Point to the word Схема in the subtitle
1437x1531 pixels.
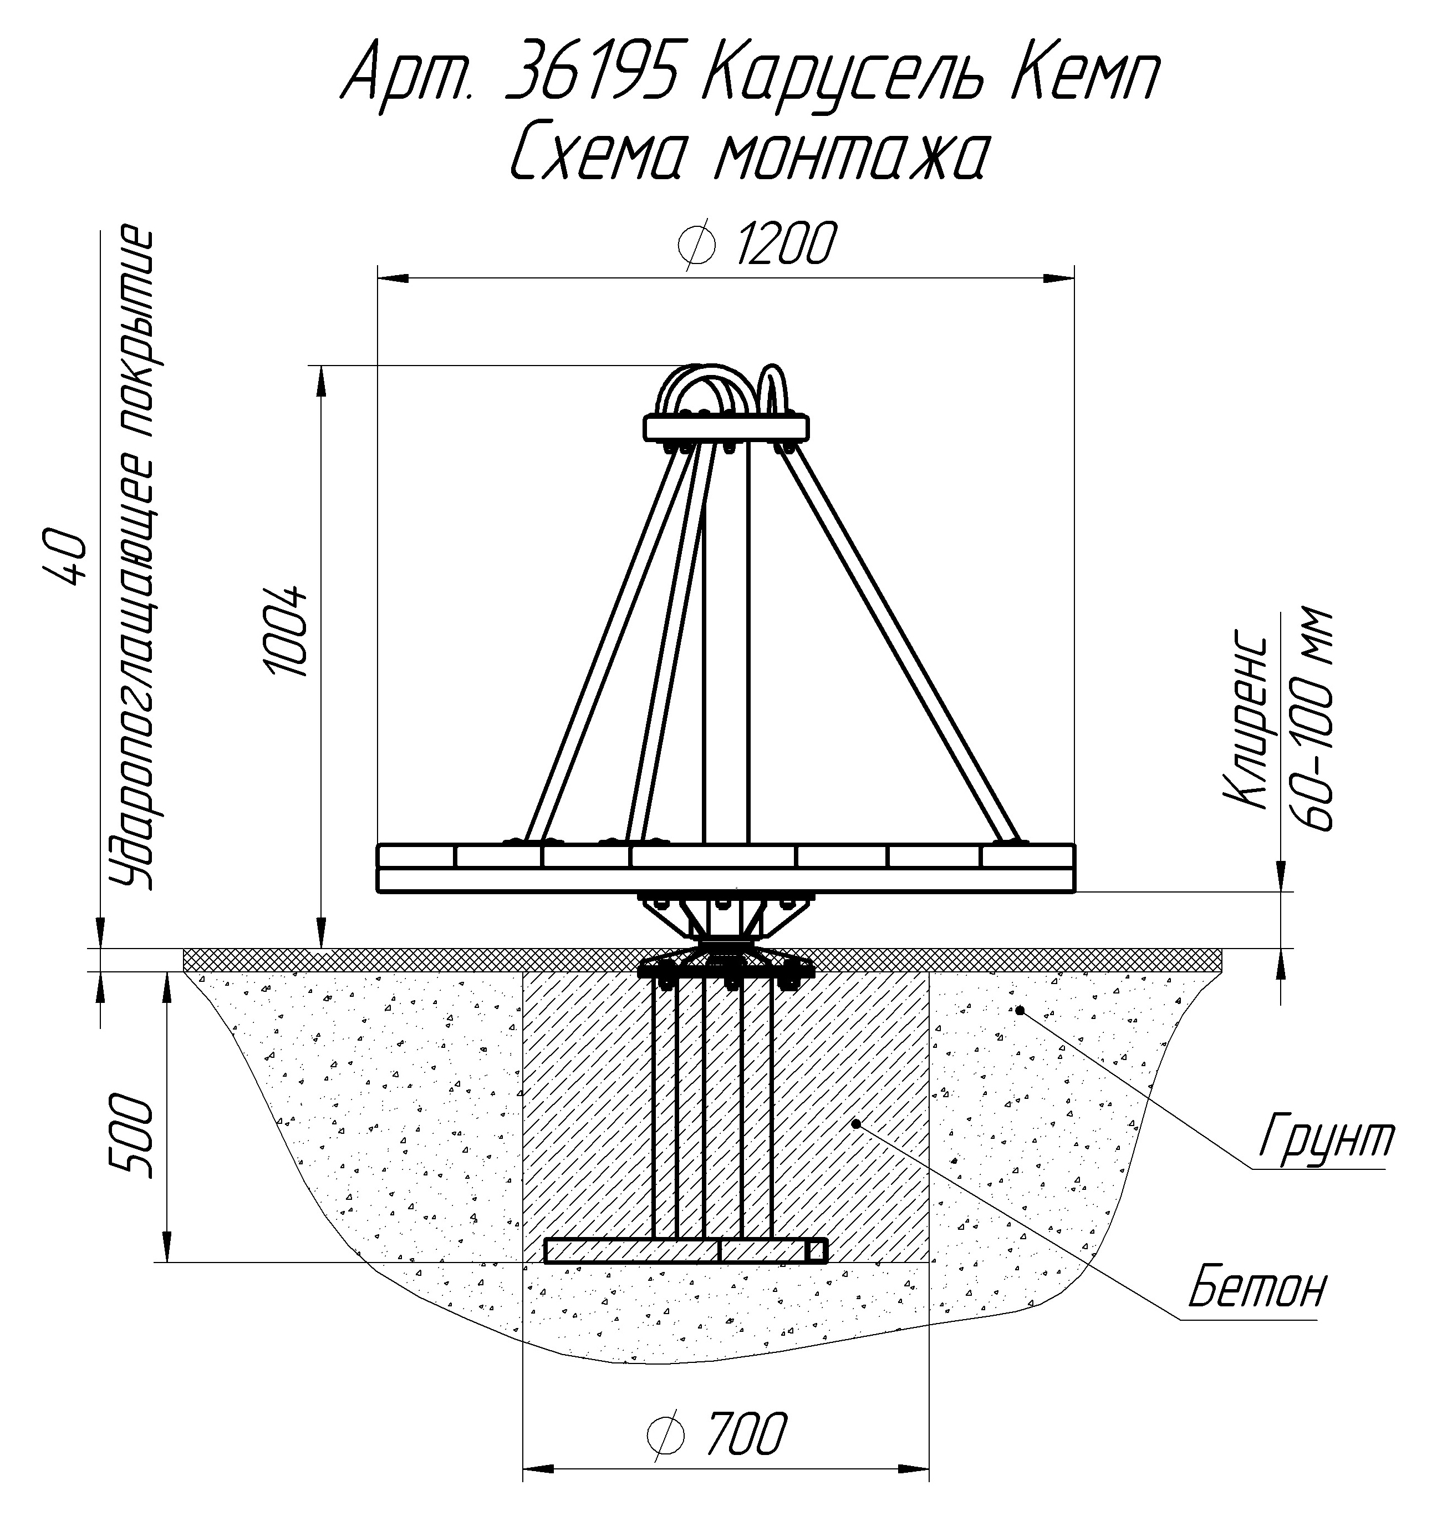coord(597,154)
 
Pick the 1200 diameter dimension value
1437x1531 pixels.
coord(785,245)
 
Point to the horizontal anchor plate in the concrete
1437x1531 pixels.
coord(686,1251)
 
